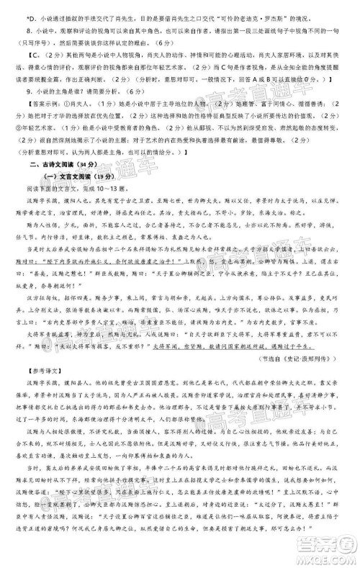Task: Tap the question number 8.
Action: point(28,33)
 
